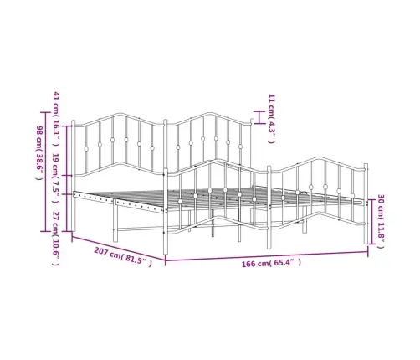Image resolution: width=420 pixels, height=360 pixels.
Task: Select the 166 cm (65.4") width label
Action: pyautogui.click(x=271, y=263)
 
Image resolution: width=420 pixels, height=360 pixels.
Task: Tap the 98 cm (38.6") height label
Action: pyautogui.click(x=40, y=153)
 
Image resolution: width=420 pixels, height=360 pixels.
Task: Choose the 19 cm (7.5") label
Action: pyautogui.click(x=56, y=177)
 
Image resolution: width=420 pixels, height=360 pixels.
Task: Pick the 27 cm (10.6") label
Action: pyautogui.click(x=56, y=239)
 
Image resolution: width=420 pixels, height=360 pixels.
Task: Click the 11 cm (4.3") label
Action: pyautogui.click(x=272, y=119)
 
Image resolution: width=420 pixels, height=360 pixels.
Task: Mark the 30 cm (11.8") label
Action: pyautogui.click(x=381, y=221)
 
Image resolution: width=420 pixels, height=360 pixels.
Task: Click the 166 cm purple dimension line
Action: pyautogui.click(x=267, y=256)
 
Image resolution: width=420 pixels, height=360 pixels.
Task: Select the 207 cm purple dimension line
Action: pyautogui.click(x=119, y=248)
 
